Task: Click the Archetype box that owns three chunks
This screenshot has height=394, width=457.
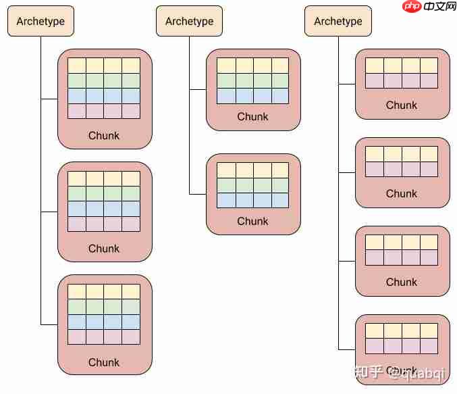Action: pyautogui.click(x=41, y=21)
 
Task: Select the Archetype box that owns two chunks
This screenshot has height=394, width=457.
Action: pyautogui.click(x=189, y=21)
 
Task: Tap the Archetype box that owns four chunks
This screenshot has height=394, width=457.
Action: pyautogui.click(x=338, y=21)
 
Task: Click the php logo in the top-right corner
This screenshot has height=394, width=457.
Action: pyautogui.click(x=411, y=7)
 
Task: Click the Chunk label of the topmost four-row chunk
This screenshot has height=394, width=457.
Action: pyautogui.click(x=104, y=135)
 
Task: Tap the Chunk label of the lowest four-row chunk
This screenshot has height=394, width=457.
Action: pyautogui.click(x=104, y=362)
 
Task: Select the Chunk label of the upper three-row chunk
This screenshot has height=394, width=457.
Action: pyautogui.click(x=253, y=116)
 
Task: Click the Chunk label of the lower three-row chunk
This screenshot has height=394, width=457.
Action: pyautogui.click(x=253, y=221)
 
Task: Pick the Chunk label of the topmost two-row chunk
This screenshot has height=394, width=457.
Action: pyautogui.click(x=402, y=105)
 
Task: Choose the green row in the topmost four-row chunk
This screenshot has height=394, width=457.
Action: pyautogui.click(x=104, y=80)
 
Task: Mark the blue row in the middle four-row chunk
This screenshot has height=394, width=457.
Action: pyautogui.click(x=104, y=208)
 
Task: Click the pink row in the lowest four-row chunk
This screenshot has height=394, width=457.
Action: pyautogui.click(x=104, y=337)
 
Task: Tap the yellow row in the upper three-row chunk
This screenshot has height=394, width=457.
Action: pyautogui.click(x=253, y=66)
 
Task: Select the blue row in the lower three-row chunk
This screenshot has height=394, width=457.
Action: pyautogui.click(x=253, y=200)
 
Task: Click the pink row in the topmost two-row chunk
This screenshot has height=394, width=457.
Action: pyautogui.click(x=402, y=81)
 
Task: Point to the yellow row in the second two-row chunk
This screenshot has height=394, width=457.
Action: pyautogui.click(x=402, y=154)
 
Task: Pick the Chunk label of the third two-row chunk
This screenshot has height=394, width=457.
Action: pyautogui.click(x=402, y=282)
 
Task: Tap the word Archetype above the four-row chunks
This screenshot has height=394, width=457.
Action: pyautogui.click(x=41, y=21)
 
